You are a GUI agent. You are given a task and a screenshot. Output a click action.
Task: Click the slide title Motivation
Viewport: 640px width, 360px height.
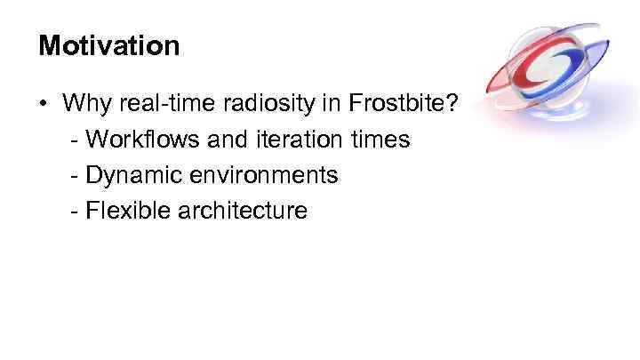[x=108, y=45]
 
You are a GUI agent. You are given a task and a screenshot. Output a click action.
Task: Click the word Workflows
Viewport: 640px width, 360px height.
[x=142, y=140]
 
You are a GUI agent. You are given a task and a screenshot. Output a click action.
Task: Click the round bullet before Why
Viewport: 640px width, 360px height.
[x=44, y=104]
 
